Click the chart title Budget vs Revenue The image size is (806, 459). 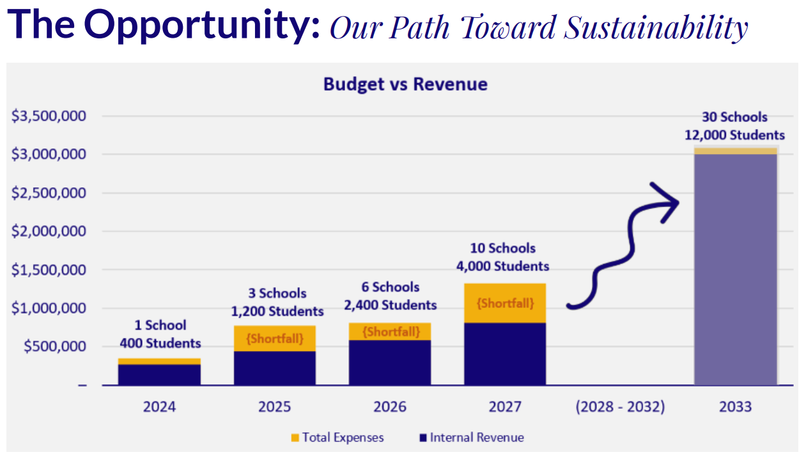click(405, 84)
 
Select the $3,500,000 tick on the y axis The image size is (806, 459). click(49, 116)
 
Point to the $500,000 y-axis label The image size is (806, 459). click(56, 347)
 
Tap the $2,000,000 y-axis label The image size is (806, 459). click(49, 231)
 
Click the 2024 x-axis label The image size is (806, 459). click(159, 407)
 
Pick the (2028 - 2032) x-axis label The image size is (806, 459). click(620, 407)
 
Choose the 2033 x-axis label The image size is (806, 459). click(735, 407)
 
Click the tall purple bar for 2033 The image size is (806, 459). click(736, 268)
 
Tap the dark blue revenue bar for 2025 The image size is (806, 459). click(275, 368)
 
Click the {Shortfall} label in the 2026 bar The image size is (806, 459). click(391, 332)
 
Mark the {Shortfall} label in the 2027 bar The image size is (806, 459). click(505, 303)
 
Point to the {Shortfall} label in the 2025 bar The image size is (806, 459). click(275, 338)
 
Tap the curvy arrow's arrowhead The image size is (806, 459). click(668, 201)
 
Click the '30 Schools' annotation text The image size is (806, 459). click(735, 117)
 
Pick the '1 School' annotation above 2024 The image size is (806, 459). click(160, 325)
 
